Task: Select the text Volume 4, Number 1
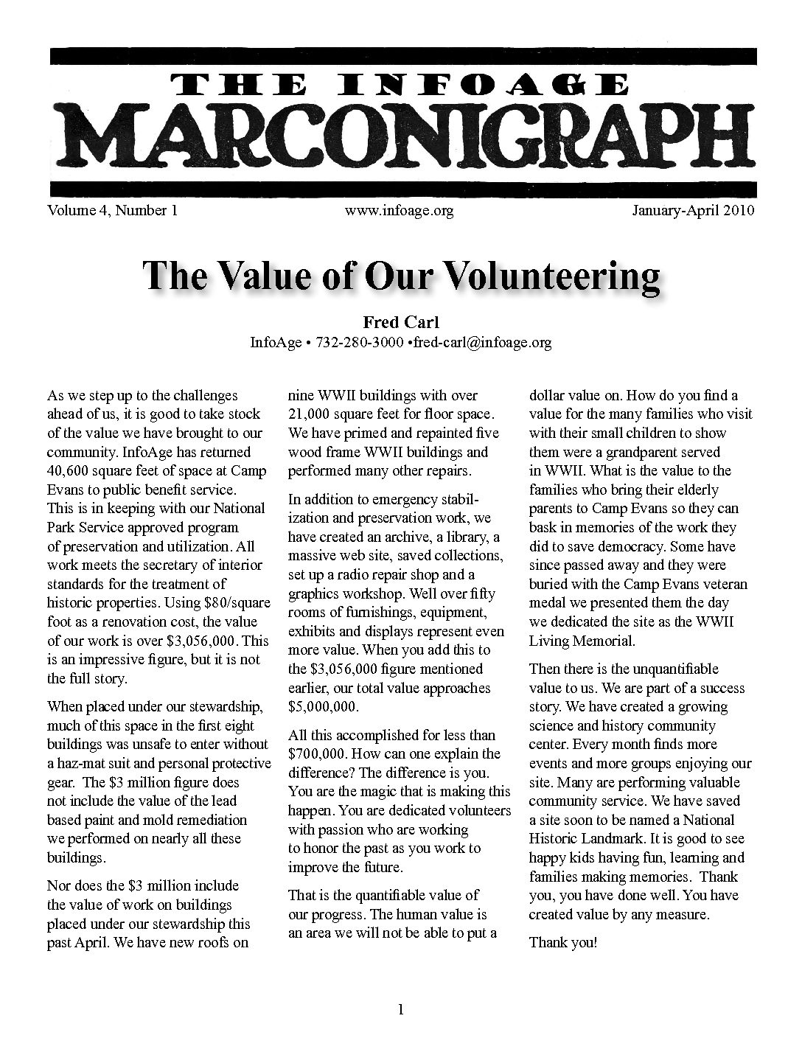[x=112, y=211]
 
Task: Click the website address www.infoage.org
[x=398, y=211]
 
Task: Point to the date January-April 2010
[x=693, y=211]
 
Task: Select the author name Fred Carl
[x=401, y=322]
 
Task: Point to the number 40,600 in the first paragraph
[x=71, y=470]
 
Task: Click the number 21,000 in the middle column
[x=311, y=414]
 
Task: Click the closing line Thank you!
[x=562, y=942]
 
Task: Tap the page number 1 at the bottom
[x=400, y=1011]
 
